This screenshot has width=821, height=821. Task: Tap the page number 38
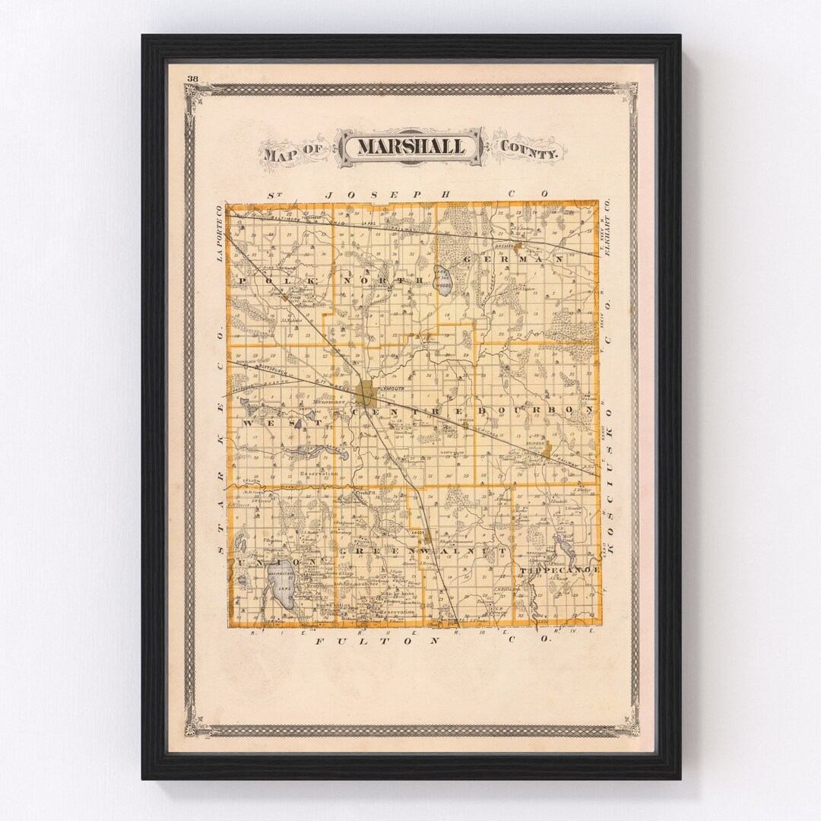[192, 78]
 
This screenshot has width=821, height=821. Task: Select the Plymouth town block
[368, 394]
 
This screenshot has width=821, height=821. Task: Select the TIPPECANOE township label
[561, 569]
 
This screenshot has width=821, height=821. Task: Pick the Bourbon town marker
[546, 451]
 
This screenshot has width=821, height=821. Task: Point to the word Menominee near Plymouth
[328, 401]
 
